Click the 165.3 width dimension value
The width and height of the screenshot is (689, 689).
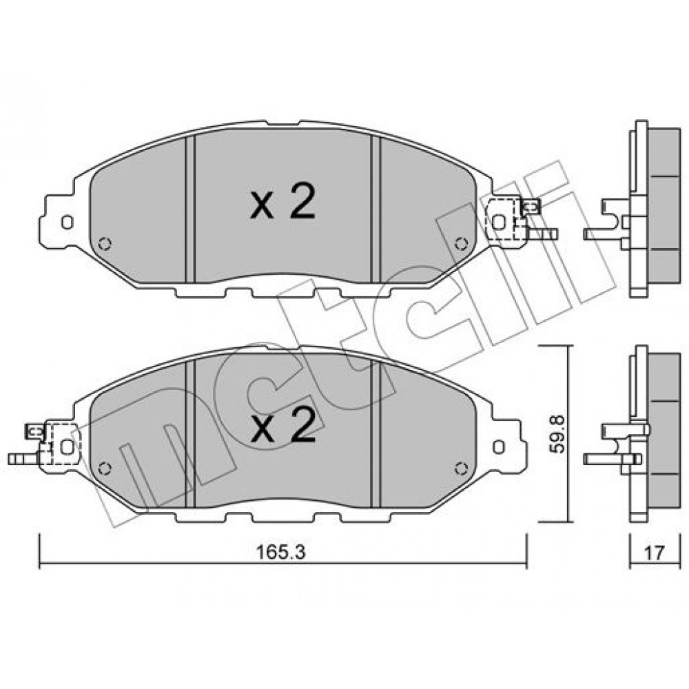click(x=280, y=553)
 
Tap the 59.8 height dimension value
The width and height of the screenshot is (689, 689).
click(x=558, y=435)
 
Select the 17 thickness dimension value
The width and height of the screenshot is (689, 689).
click(x=655, y=553)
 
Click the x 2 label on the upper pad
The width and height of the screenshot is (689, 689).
click(x=282, y=202)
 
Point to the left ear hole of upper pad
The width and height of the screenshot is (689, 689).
click(x=68, y=223)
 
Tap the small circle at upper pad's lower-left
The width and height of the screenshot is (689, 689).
click(x=105, y=243)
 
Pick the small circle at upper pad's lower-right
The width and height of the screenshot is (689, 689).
click(x=461, y=243)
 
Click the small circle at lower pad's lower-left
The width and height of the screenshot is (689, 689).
click(x=104, y=469)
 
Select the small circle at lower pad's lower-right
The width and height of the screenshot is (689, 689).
click(x=461, y=469)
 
